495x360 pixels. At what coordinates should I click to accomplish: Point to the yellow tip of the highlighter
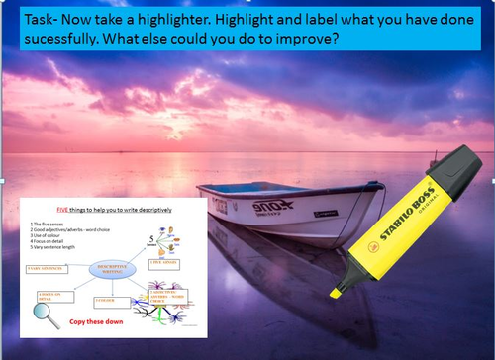point(336,291)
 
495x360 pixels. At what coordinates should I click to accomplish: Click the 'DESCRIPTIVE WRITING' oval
point(113,271)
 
